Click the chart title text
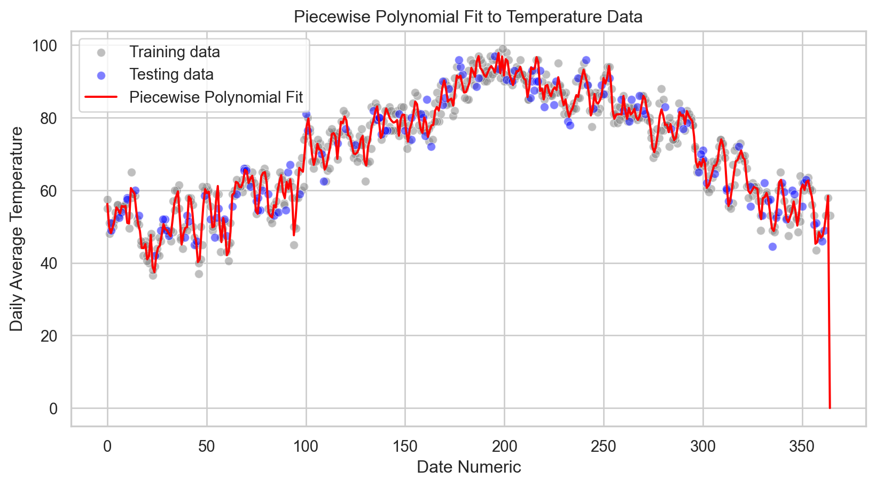tap(468, 17)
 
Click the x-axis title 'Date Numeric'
tap(468, 467)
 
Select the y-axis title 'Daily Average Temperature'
tap(17, 229)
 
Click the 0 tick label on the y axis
tap(53, 408)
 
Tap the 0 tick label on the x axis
tap(107, 446)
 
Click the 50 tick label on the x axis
tap(207, 446)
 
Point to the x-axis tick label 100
tap(306, 446)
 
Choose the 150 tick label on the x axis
tap(405, 446)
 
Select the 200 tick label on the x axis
tap(504, 446)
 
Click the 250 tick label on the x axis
tap(604, 446)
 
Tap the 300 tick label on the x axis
tap(703, 446)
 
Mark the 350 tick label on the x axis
tap(802, 446)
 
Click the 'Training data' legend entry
tap(175, 52)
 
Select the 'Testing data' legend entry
tap(171, 74)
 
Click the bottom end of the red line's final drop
tap(830, 408)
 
